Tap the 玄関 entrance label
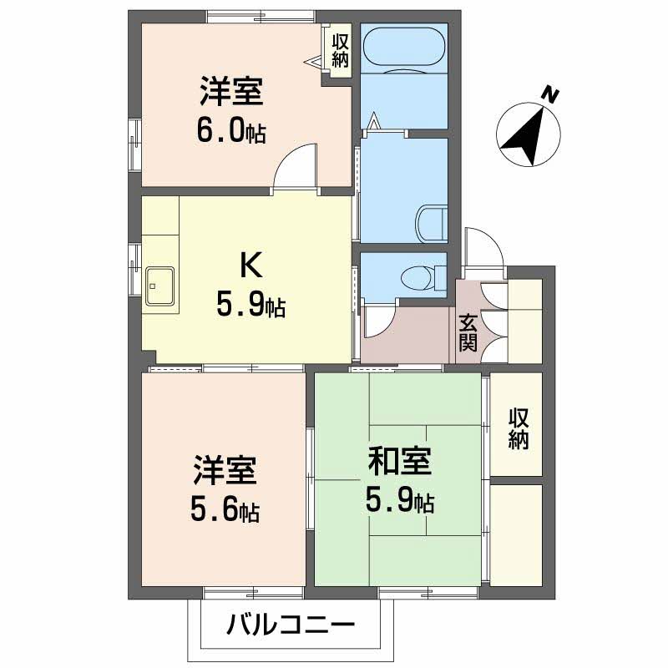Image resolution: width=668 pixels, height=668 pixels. pyautogui.click(x=468, y=331)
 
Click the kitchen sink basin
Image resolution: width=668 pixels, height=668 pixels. pyautogui.click(x=159, y=286)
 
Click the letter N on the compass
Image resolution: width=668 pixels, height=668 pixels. pyautogui.click(x=549, y=94)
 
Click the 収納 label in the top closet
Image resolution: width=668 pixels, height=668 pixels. pyautogui.click(x=340, y=49)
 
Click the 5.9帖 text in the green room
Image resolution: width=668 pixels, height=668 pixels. pyautogui.click(x=399, y=501)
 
